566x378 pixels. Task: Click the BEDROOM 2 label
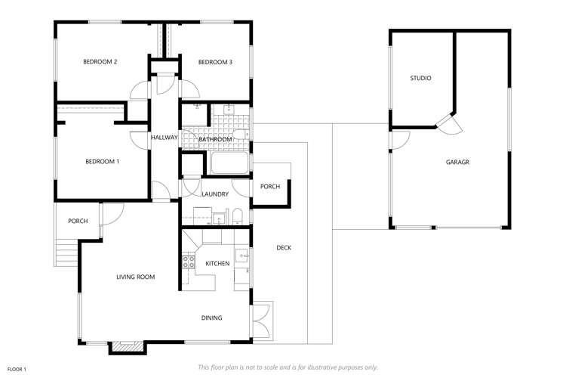coord(100,62)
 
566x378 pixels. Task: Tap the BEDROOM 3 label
coord(215,62)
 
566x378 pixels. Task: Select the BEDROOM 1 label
coord(102,161)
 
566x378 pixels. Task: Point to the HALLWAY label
coord(164,138)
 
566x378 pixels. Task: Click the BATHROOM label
coord(214,140)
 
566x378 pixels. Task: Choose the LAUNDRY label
coord(215,194)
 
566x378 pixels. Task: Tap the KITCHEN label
coord(217,263)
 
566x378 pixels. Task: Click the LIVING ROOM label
coord(136,277)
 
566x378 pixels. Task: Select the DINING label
coord(211,318)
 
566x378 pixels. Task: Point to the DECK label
coord(284,247)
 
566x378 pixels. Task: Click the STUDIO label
coord(420,78)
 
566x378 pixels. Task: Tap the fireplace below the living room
coord(126,347)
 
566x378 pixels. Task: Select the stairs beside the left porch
coord(66,251)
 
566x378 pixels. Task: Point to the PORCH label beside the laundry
coord(270,187)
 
